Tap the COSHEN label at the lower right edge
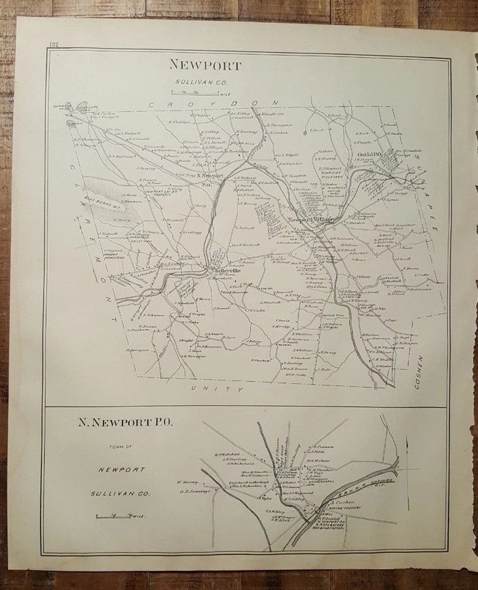coord(420,371)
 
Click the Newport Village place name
coord(311,219)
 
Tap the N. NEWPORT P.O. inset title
coord(125,422)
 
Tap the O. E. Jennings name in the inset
coord(195,491)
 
